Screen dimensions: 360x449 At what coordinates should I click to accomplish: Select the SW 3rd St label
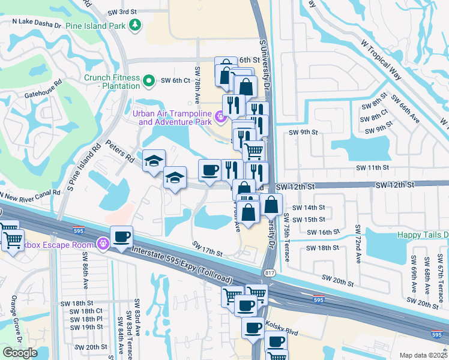pyautogui.click(x=122, y=11)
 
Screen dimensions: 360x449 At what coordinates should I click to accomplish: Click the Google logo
pyautogui.click(x=20, y=353)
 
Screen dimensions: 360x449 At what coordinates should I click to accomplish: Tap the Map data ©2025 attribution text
pyautogui.click(x=423, y=355)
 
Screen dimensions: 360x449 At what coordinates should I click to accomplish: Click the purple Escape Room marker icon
pyautogui.click(x=103, y=244)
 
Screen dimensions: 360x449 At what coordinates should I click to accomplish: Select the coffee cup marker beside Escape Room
pyautogui.click(x=122, y=237)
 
